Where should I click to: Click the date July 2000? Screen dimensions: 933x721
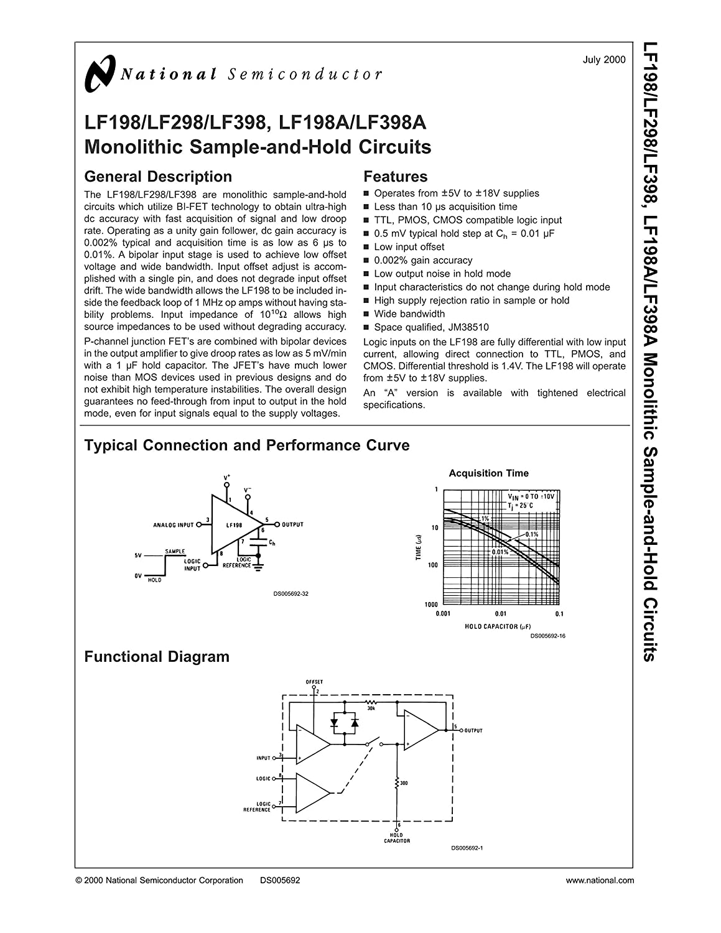(603, 60)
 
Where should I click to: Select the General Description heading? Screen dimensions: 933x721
(158, 177)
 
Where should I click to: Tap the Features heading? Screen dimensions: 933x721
(395, 177)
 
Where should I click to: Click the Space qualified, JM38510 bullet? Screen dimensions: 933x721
(431, 327)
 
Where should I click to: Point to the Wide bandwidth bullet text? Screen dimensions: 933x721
(409, 314)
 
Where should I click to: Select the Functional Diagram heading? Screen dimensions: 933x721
(157, 657)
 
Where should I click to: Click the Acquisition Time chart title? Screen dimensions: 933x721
(488, 473)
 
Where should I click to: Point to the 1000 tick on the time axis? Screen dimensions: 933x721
(430, 604)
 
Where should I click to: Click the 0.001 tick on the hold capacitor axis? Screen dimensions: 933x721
(443, 614)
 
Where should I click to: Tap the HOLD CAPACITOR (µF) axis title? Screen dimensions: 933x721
(498, 626)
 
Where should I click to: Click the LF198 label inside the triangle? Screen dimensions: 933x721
(234, 525)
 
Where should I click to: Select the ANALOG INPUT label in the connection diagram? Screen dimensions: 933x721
(174, 525)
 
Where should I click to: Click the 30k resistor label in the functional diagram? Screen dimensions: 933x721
(371, 708)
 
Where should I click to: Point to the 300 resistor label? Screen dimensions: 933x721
(404, 783)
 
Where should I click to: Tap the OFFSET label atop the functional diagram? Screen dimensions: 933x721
(314, 682)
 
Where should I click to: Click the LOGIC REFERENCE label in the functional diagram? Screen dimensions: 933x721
(258, 807)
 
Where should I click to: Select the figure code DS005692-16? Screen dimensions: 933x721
(547, 636)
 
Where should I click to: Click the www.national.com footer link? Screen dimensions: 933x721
(600, 880)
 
